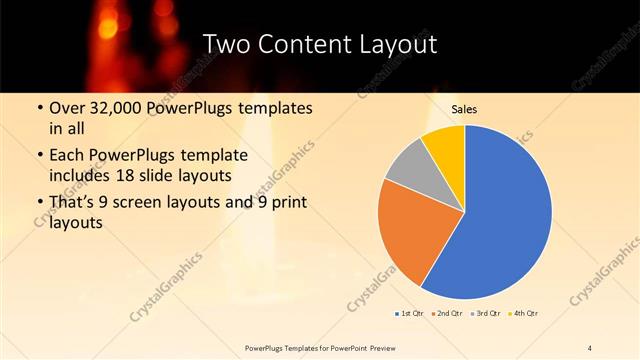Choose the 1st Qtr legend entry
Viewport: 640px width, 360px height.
[408, 314]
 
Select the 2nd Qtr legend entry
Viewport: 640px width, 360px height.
[449, 314]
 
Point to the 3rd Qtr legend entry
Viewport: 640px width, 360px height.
[489, 314]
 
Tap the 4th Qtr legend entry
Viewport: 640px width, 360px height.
[527, 314]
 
